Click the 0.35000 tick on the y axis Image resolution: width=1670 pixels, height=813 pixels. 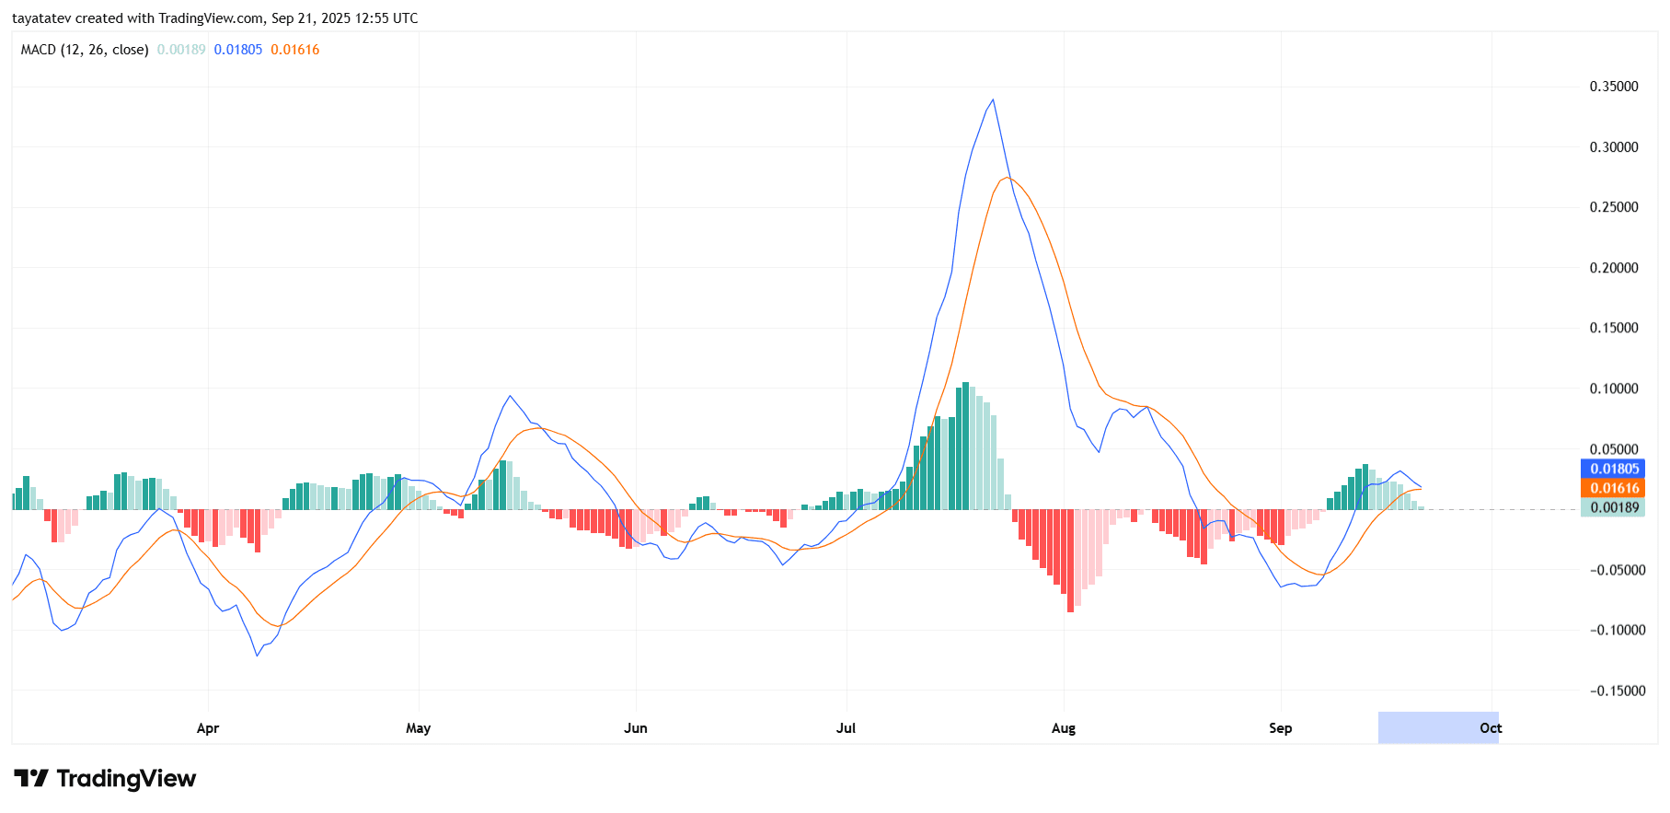tap(1613, 87)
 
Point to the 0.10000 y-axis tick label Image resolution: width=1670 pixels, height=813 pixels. tap(1613, 389)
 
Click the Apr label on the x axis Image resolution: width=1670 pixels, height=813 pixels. tap(208, 728)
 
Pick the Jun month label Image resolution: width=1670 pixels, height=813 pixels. tap(636, 728)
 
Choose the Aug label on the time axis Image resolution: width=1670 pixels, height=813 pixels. tap(1064, 728)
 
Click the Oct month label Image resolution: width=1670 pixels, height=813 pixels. tap(1491, 728)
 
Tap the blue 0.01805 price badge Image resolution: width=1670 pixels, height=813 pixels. tap(1614, 469)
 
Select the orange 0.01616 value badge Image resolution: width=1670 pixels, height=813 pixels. tap(1614, 488)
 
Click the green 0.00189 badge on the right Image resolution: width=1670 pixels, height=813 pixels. tap(1614, 507)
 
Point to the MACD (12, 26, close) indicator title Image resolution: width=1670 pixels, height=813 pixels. tap(85, 50)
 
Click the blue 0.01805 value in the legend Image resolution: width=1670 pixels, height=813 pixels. tap(238, 50)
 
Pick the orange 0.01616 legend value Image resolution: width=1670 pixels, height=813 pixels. tap(295, 50)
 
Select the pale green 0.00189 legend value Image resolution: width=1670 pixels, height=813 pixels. tap(181, 50)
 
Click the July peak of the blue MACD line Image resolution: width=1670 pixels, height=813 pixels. tap(992, 99)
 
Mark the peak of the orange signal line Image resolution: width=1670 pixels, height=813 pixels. tap(1008, 177)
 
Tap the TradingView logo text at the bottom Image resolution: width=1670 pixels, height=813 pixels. tap(126, 779)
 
